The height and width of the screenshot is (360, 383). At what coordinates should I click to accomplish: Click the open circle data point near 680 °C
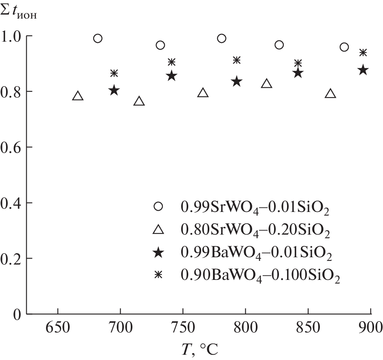[x=98, y=38]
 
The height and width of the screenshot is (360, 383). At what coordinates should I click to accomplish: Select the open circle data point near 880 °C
[x=344, y=47]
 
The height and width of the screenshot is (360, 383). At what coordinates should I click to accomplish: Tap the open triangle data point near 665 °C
[x=78, y=96]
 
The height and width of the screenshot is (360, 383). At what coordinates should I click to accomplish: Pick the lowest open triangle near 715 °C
[x=139, y=101]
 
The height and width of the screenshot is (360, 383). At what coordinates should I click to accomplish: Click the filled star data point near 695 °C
[x=114, y=90]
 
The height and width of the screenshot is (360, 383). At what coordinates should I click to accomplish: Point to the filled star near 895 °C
[x=363, y=70]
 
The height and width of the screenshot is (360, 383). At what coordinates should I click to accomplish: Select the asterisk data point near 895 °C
[x=363, y=53]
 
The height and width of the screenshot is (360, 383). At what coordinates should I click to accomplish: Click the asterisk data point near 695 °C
[x=114, y=73]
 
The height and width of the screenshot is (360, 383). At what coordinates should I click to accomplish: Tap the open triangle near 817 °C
[x=266, y=84]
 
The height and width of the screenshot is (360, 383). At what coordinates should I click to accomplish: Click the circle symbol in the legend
[x=159, y=206]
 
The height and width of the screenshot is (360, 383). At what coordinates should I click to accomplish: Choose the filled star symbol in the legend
[x=159, y=253]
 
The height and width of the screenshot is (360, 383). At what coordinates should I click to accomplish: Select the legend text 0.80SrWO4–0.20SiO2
[x=255, y=231]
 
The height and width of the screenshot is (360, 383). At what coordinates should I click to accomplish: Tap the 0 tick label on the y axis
[x=17, y=314]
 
